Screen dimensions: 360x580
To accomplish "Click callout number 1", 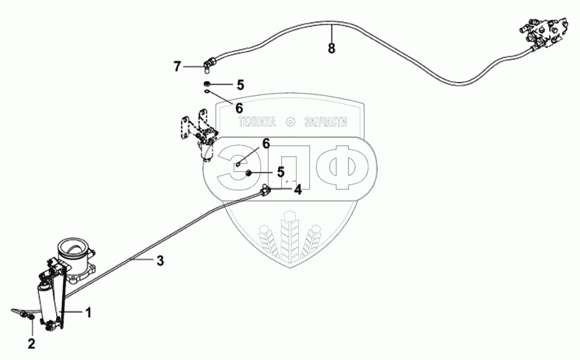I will [89, 313].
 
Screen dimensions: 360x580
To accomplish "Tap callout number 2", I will [32, 343].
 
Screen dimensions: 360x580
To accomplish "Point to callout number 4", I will [297, 190].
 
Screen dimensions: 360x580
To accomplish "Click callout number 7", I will [177, 66].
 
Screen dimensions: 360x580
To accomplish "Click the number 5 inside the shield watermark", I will [280, 172].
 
